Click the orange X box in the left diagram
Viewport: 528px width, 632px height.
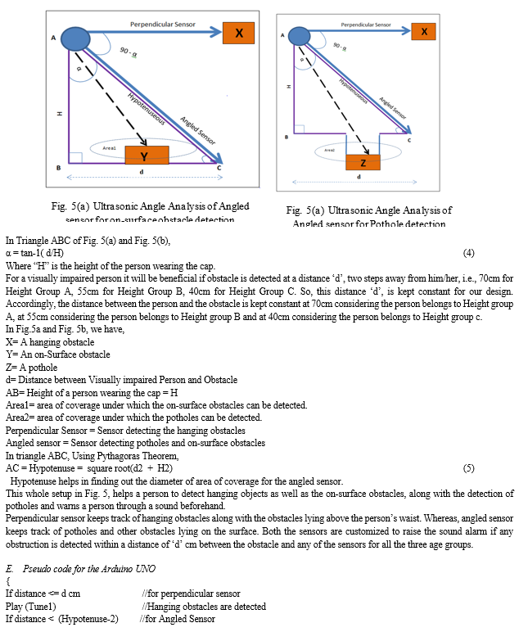coord(239,33)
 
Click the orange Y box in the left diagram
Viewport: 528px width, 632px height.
coord(147,156)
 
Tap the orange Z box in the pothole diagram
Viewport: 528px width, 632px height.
coord(363,162)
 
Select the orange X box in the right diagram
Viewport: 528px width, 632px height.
coord(423,32)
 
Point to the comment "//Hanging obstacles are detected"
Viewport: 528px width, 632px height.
coord(204,607)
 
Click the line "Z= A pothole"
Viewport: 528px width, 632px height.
coord(33,367)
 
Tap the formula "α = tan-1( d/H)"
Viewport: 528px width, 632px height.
coord(39,254)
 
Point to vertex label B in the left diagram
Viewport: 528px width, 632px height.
coord(58,168)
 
